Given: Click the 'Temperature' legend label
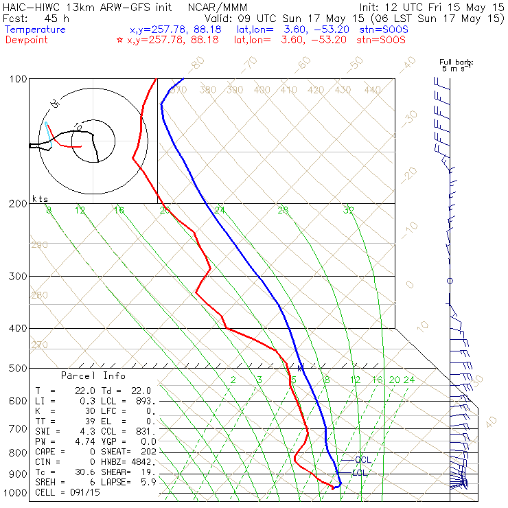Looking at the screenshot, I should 35,30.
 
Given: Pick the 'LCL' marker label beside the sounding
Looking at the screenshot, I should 359,473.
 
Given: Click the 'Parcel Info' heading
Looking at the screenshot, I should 93,376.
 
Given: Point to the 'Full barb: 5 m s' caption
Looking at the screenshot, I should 457,66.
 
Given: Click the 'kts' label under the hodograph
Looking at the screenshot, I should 41,198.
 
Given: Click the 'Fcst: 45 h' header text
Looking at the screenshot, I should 33,18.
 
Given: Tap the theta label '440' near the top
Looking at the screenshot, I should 372,90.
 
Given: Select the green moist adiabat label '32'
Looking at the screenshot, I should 349,210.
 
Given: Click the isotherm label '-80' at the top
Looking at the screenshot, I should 197,64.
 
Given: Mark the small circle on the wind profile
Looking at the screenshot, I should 450,281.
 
